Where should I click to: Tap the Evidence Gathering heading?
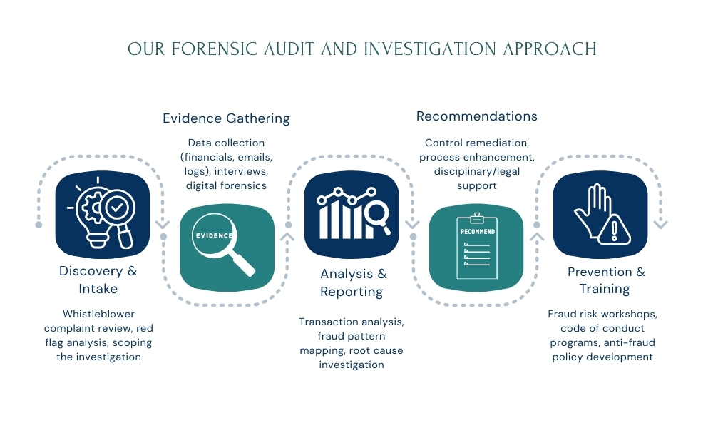tap(226, 118)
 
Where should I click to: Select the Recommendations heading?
tap(476, 116)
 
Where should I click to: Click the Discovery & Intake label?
tap(98, 280)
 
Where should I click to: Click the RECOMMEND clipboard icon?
tap(476, 245)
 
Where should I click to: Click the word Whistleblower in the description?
tap(98, 314)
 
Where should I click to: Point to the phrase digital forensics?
tap(226, 185)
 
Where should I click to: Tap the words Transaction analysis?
tap(352, 322)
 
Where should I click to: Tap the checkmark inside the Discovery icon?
tap(116, 208)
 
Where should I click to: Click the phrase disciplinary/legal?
tap(476, 171)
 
